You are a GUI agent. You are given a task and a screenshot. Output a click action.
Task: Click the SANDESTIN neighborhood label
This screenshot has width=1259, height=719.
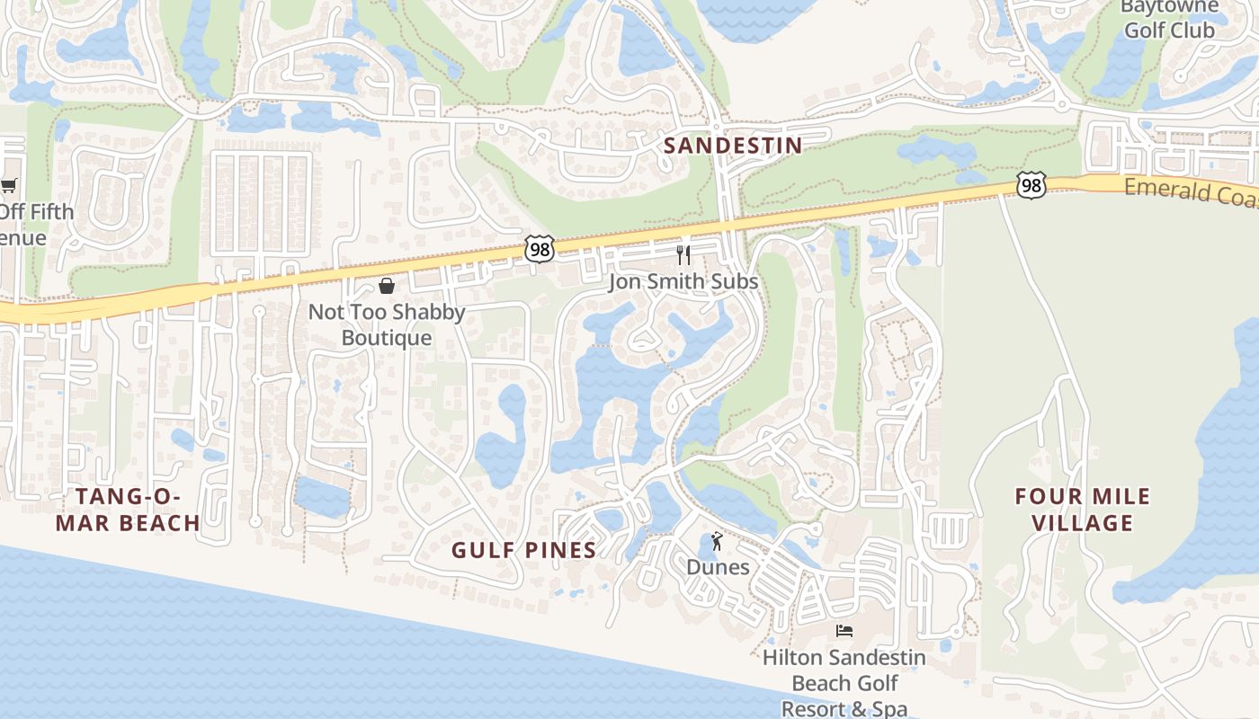point(733,145)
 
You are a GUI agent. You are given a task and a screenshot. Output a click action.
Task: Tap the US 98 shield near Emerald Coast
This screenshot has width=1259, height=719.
point(1031,185)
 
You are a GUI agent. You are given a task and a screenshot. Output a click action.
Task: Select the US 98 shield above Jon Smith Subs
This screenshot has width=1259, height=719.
point(540,249)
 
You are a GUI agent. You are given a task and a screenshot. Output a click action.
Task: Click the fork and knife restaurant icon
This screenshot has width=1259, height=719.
point(683,254)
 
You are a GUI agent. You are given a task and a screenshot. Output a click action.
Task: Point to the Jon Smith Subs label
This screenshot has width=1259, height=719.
point(683,281)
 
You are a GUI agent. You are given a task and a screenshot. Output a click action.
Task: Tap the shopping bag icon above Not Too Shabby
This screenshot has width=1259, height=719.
point(387,286)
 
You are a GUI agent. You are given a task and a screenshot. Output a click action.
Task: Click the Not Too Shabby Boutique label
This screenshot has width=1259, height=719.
point(387,324)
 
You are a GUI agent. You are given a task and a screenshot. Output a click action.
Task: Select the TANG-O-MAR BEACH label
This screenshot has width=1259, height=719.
point(128,510)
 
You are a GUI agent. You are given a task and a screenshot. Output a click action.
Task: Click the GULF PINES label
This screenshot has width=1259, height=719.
point(523,550)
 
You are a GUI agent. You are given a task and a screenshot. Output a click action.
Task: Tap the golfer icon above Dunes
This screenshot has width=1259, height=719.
point(717,541)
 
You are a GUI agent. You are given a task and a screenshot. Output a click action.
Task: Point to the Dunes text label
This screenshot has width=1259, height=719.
point(718,567)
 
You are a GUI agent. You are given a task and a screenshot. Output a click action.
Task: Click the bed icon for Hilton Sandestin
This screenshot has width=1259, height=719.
point(844,630)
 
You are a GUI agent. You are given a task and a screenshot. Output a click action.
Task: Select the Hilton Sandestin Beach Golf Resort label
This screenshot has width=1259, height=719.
point(844,683)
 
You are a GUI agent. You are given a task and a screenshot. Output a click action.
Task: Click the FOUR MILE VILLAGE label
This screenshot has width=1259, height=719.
point(1083,510)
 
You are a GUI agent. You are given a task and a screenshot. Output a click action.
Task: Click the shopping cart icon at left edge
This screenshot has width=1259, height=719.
point(9,186)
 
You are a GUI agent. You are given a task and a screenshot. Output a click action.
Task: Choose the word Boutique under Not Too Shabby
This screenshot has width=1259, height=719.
point(387,338)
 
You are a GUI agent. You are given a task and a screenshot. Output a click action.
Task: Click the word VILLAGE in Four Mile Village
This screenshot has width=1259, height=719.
point(1083,522)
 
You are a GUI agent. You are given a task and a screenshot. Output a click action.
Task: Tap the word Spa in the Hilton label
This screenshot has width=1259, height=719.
point(888,708)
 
